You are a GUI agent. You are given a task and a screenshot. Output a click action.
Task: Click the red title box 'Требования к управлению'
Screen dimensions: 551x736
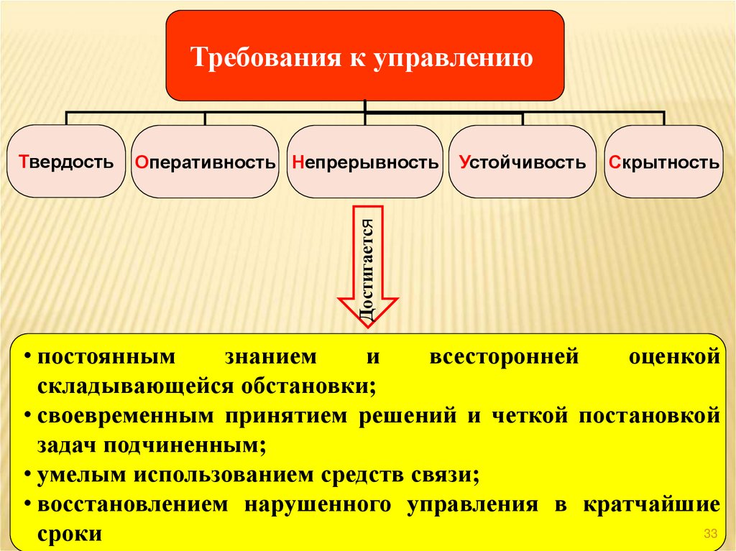pyautogui.click(x=364, y=55)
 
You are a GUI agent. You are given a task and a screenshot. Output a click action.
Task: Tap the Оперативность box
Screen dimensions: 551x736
pyautogui.click(x=205, y=162)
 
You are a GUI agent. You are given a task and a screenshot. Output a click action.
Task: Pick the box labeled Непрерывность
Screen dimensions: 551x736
pyautogui.click(x=365, y=162)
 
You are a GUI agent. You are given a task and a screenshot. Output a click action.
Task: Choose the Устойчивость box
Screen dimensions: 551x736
pyautogui.click(x=523, y=162)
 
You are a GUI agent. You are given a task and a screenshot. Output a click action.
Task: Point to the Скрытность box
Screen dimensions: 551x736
pyautogui.click(x=663, y=162)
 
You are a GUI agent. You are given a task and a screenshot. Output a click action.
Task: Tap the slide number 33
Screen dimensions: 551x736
pyautogui.click(x=712, y=532)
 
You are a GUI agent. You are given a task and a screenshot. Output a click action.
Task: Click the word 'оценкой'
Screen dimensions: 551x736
pyautogui.click(x=673, y=357)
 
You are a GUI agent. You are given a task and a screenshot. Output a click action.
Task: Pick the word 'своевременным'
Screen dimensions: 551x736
pyautogui.click(x=123, y=416)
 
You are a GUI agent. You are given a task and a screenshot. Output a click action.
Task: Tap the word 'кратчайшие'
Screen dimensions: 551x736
pyautogui.click(x=651, y=504)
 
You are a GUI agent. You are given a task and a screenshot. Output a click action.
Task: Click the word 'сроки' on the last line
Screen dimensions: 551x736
pyautogui.click(x=70, y=534)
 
